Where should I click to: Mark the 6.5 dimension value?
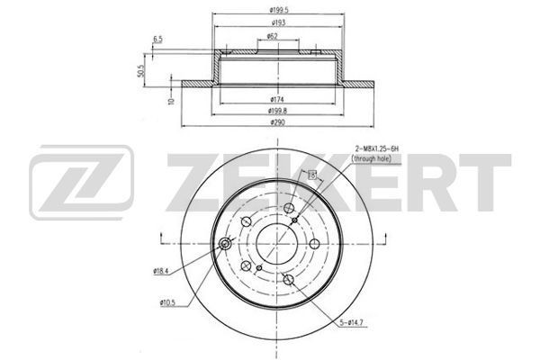(158, 40)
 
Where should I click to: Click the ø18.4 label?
(162, 271)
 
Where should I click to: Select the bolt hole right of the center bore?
(314, 245)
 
